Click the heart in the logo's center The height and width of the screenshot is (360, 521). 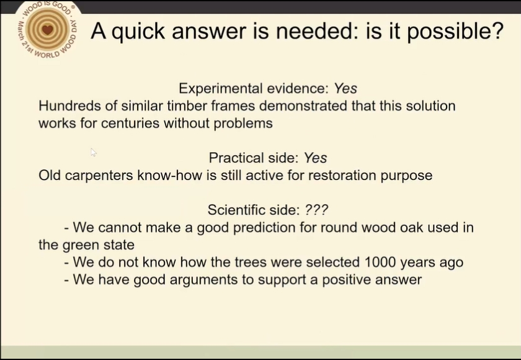point(48,30)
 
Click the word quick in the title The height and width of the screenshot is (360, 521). point(138,32)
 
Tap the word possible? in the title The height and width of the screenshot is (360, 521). point(455,32)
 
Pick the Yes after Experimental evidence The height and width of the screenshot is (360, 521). point(345,88)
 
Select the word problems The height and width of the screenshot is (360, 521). point(243,124)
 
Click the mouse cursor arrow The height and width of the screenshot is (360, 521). point(94,152)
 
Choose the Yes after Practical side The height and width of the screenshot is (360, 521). point(315,158)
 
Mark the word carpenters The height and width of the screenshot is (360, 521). point(99,176)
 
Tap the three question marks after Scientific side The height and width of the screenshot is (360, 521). point(316,210)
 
